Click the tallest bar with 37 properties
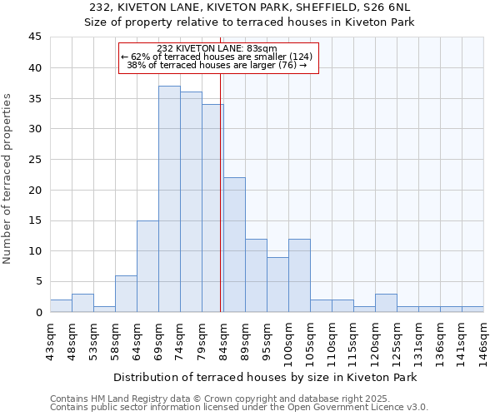[x=169, y=199]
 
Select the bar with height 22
[x=234, y=245]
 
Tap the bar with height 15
[x=147, y=266]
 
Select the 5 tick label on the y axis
[x=38, y=282]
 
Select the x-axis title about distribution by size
[x=265, y=377]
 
